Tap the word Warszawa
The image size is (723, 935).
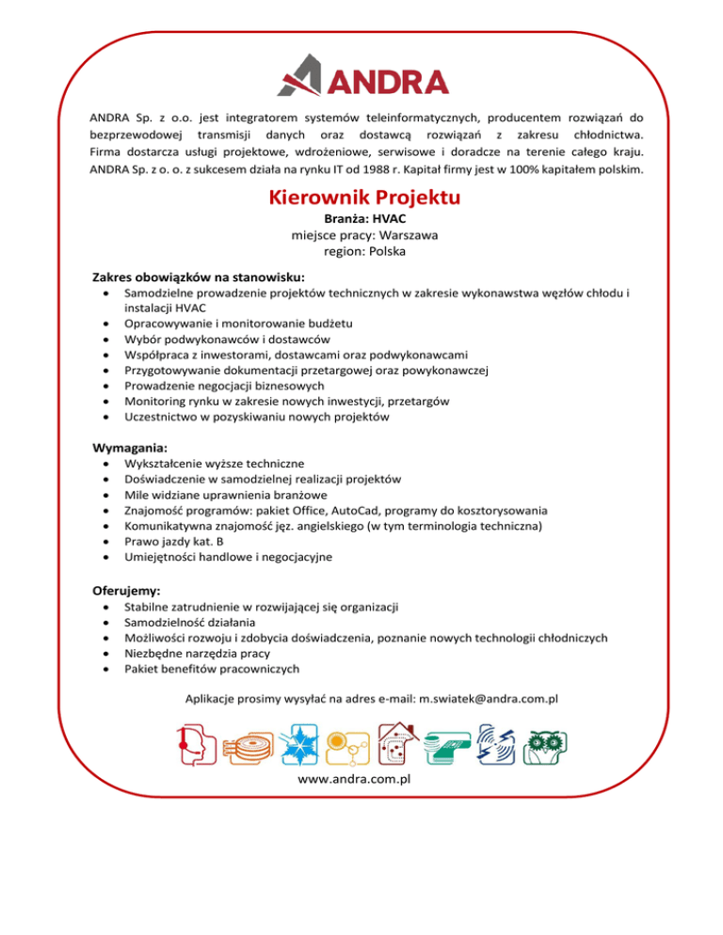pyautogui.click(x=394, y=235)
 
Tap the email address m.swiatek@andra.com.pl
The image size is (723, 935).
pyautogui.click(x=489, y=699)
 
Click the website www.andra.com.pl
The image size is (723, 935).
pyautogui.click(x=362, y=781)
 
